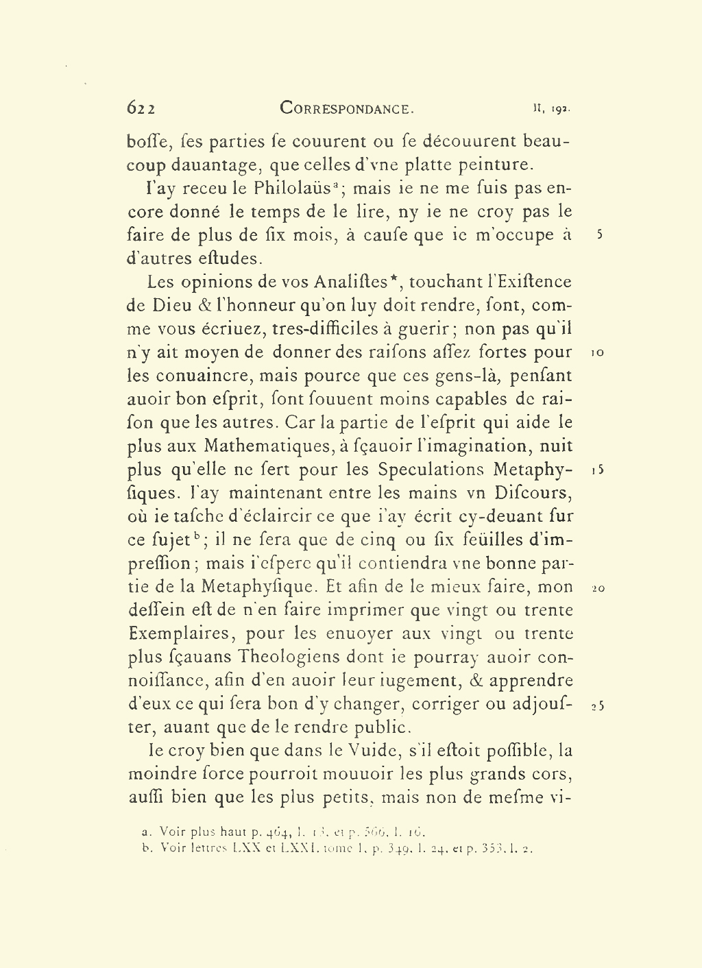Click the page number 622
[x=141, y=108]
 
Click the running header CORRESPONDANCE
[x=347, y=108]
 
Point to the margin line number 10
[x=596, y=353]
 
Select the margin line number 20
[x=596, y=588]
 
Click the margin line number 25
[x=597, y=705]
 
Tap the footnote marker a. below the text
[x=145, y=832]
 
